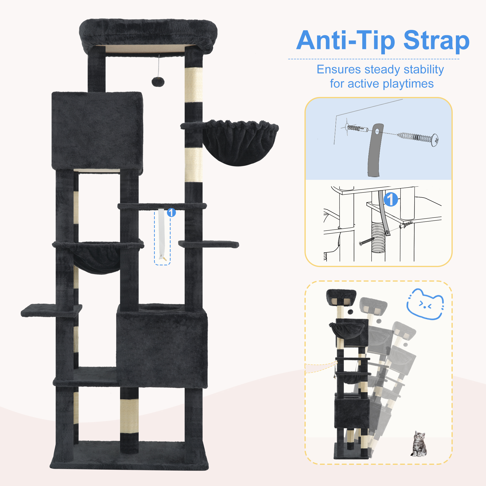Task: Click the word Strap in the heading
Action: click(x=436, y=41)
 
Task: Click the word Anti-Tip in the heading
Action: click(x=346, y=41)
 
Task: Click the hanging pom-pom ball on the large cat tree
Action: click(x=158, y=82)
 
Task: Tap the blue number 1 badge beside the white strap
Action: click(x=171, y=213)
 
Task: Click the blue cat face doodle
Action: click(x=425, y=304)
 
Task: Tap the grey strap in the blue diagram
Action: click(x=375, y=150)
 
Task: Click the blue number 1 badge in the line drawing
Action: click(x=391, y=200)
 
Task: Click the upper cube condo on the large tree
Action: click(x=98, y=130)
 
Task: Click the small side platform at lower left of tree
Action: click(x=51, y=310)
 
